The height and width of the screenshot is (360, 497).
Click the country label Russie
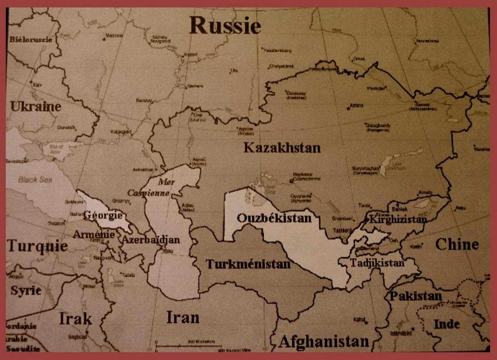[225, 26]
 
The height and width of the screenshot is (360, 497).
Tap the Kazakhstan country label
[282, 148]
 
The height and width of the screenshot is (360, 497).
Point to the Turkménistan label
[248, 264]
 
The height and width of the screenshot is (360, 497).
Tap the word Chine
[456, 244]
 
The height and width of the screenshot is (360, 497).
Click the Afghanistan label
[323, 342]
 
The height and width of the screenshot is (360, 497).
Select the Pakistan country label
[415, 296]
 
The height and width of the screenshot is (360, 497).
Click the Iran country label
[183, 317]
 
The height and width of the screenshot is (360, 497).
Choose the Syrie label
[26, 290]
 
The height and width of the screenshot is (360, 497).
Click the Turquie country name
[37, 246]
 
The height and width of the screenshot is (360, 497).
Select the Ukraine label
[36, 107]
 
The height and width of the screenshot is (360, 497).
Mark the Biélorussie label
[30, 40]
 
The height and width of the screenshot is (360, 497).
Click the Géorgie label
[103, 216]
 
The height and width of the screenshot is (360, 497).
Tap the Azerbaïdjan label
[150, 240]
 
